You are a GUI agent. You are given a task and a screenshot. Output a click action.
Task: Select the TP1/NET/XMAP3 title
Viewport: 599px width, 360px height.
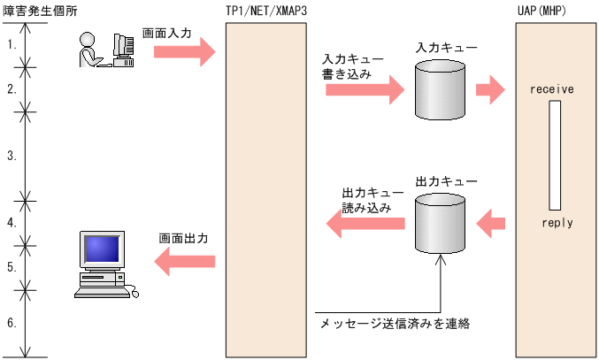coord(266,10)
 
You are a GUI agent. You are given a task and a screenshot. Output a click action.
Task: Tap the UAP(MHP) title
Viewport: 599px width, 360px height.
coord(544,10)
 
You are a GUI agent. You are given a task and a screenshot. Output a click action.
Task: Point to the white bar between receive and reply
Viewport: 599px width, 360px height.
coord(555,155)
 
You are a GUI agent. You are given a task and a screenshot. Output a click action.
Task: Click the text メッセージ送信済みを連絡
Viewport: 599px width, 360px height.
coord(394,324)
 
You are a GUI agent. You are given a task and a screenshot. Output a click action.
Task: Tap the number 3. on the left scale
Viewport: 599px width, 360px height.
coord(12,156)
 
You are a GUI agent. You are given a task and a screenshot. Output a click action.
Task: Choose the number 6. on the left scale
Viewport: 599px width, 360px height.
coord(12,323)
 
